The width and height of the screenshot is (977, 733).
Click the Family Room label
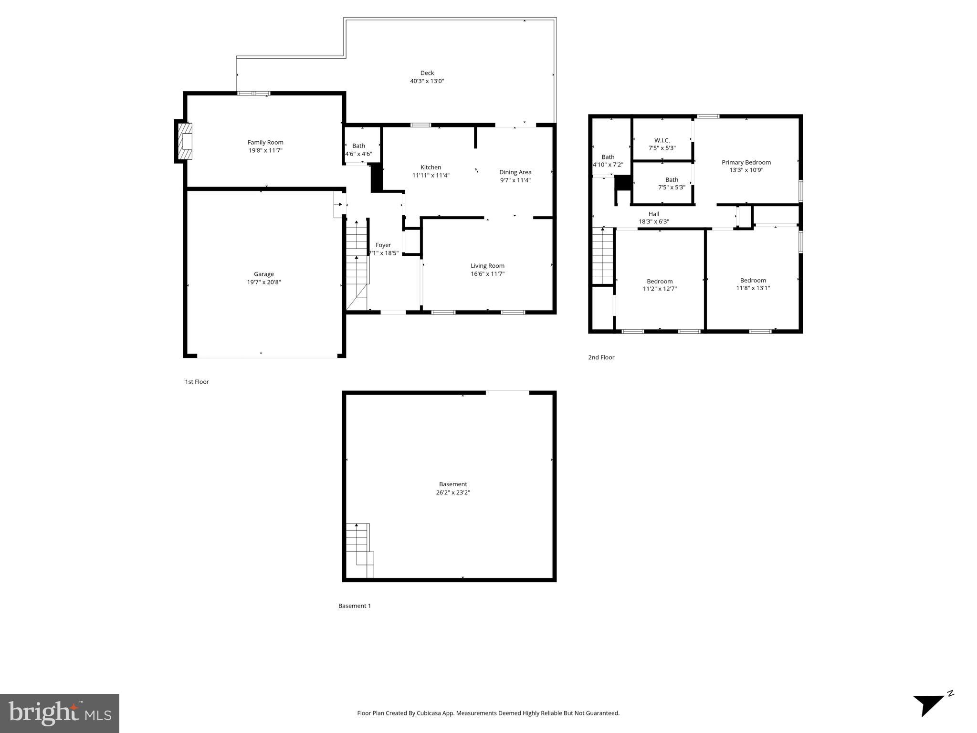coord(265,142)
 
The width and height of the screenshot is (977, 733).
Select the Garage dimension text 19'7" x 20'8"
coord(263,282)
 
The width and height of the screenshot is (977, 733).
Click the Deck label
coord(427,73)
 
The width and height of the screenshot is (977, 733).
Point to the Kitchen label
coord(431,167)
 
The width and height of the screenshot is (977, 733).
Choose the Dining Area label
coord(515,172)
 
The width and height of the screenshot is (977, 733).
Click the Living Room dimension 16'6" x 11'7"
coord(487,274)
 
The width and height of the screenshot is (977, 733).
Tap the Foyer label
coord(383,245)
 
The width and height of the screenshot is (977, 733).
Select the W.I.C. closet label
coord(662,140)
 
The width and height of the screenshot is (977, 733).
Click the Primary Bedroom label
coord(746,162)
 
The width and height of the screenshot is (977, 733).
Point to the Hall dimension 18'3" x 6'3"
coord(653,221)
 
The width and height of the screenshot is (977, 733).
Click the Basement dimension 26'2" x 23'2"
coord(452,492)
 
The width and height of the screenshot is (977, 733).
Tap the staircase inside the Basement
coord(359,549)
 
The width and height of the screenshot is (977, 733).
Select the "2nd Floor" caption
coord(601,357)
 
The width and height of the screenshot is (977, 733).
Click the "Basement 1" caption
coord(354,606)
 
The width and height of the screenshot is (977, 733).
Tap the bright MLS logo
coord(59,713)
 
